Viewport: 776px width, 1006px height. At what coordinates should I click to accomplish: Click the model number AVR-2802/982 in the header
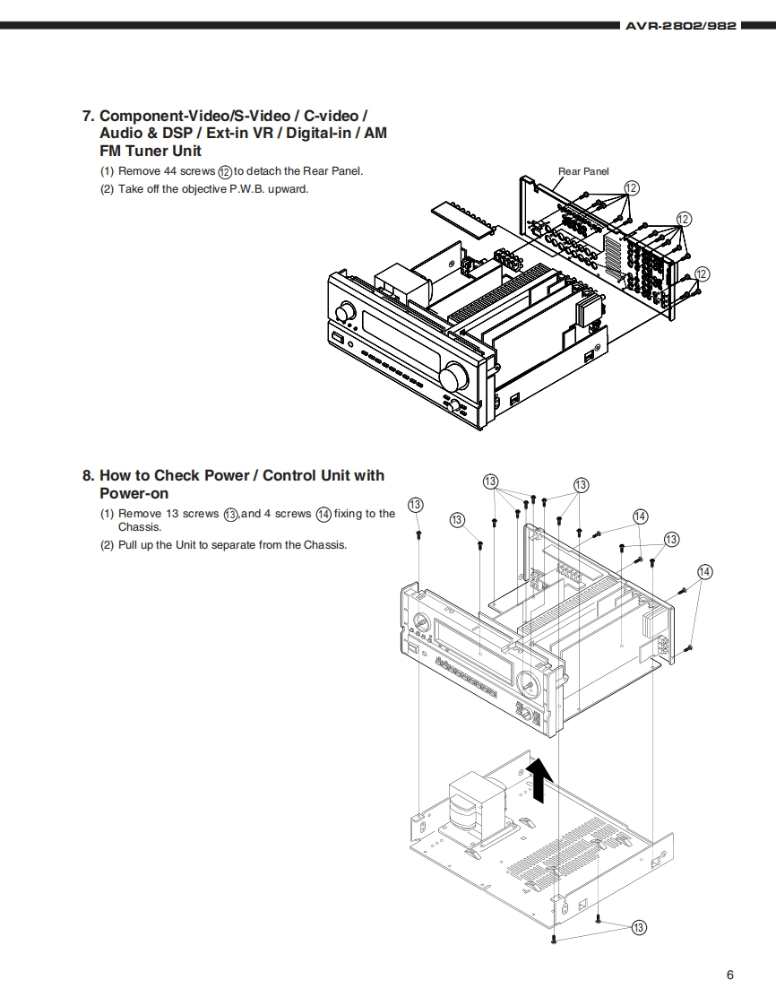point(682,26)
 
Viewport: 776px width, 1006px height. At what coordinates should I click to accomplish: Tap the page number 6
point(730,976)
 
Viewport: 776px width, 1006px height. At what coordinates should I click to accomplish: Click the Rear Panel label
point(583,171)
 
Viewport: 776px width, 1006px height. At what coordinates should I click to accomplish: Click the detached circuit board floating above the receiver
point(463,218)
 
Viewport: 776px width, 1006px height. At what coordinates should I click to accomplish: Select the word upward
point(289,188)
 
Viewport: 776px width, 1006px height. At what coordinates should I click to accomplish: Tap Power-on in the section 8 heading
point(134,493)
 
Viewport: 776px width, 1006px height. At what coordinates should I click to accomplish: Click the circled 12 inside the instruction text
point(226,171)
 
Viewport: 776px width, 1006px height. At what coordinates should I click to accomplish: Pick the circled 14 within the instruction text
point(323,514)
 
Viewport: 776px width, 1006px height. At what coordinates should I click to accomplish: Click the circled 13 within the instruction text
point(231,514)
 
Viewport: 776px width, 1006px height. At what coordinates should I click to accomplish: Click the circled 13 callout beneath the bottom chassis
point(639,927)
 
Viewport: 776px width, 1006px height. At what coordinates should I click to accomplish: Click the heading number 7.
point(87,116)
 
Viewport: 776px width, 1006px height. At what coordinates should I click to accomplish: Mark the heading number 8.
point(87,475)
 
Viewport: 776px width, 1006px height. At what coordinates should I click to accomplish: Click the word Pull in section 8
point(129,544)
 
